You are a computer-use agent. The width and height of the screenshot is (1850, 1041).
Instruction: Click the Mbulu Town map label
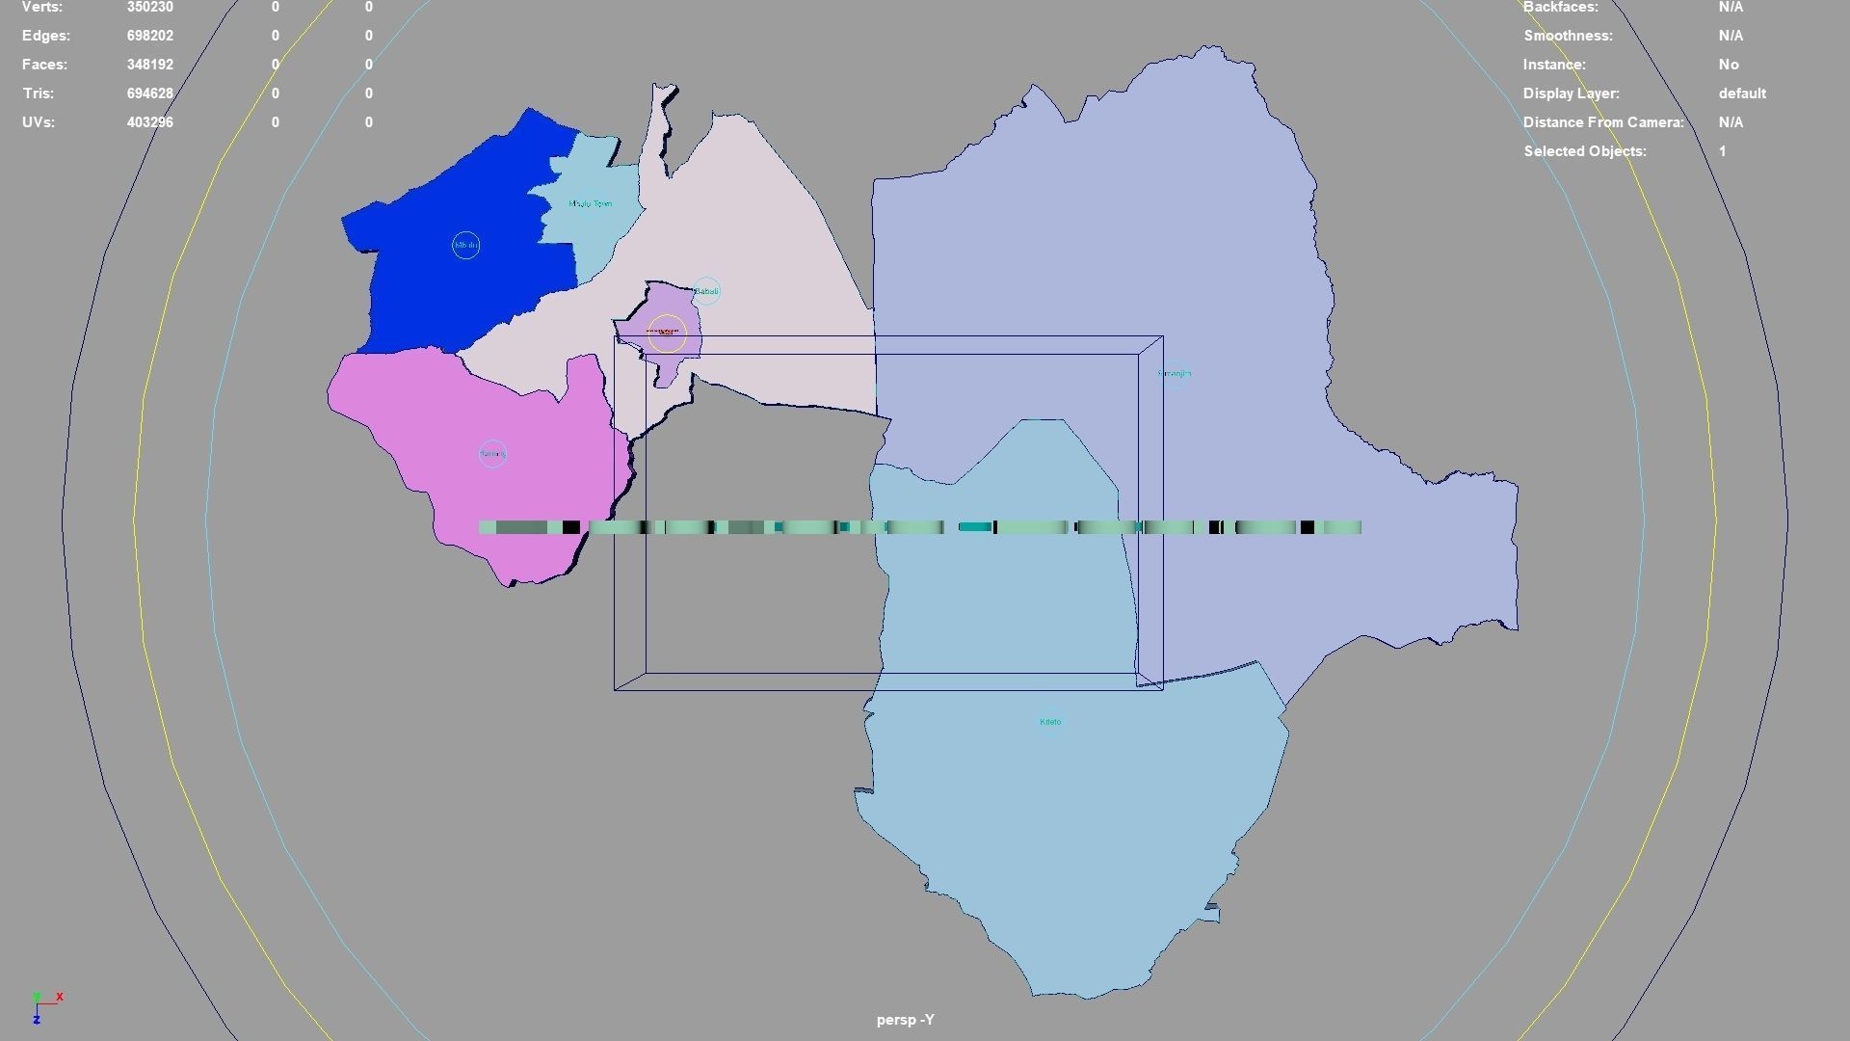(x=590, y=204)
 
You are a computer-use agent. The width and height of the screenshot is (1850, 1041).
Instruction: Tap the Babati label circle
(x=706, y=291)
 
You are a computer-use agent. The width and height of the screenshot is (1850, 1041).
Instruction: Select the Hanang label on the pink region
(x=492, y=454)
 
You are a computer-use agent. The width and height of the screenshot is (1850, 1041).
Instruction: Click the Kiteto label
(x=1050, y=722)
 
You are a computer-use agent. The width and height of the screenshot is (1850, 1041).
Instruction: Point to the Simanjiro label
(x=1175, y=374)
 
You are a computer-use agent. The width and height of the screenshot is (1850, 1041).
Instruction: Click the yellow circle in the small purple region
(x=666, y=333)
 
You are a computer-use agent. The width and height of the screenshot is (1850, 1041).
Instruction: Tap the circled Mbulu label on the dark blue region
(x=465, y=246)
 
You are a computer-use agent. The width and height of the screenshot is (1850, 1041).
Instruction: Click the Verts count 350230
(x=149, y=7)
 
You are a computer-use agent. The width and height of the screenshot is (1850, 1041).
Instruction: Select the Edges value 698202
(x=149, y=36)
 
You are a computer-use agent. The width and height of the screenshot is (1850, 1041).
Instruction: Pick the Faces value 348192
(x=149, y=65)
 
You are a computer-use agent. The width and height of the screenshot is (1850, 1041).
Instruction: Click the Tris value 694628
(x=149, y=93)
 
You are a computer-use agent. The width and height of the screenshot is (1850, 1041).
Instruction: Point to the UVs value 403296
(x=149, y=122)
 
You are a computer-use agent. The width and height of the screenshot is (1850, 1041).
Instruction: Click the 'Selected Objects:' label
(x=1584, y=151)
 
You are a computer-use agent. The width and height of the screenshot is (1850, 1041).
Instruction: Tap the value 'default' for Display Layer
(x=1741, y=93)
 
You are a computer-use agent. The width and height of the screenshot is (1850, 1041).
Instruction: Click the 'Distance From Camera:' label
(x=1602, y=122)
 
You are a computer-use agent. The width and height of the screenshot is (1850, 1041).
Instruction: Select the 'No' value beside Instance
(x=1728, y=65)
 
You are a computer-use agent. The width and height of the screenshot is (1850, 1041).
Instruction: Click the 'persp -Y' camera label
(x=905, y=1020)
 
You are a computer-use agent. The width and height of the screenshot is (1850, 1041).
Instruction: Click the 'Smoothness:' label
(x=1567, y=36)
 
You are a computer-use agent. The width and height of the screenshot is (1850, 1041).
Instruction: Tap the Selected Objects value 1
(x=1722, y=151)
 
